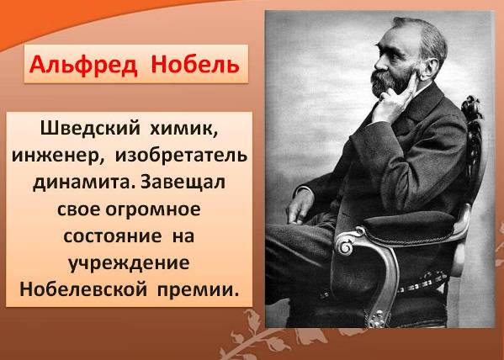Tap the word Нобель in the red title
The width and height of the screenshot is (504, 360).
pyautogui.click(x=195, y=64)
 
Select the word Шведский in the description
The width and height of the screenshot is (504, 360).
pyautogui.click(x=90, y=129)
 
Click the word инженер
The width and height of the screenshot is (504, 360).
pyautogui.click(x=58, y=156)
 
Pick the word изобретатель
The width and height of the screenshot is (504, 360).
pyautogui.click(x=181, y=156)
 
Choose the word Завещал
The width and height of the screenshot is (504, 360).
pyautogui.click(x=183, y=183)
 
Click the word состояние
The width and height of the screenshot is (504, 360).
pyautogui.click(x=113, y=236)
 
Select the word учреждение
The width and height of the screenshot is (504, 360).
pyautogui.click(x=129, y=264)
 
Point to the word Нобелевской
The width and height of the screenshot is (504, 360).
pyautogui.click(x=83, y=289)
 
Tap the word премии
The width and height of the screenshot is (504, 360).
pyautogui.click(x=199, y=290)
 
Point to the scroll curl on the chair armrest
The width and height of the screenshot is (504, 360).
pyautogui.click(x=347, y=245)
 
